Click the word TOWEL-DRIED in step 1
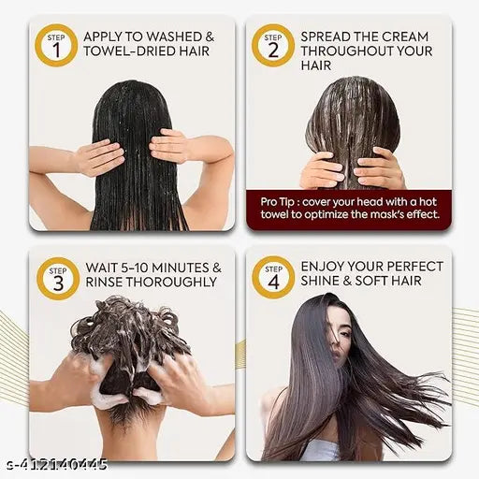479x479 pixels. click(x=129, y=51)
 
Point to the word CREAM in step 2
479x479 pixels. click(x=405, y=36)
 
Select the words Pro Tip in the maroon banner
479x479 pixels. click(x=277, y=202)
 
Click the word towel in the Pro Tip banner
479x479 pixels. click(x=273, y=214)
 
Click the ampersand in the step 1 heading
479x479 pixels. click(x=210, y=36)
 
